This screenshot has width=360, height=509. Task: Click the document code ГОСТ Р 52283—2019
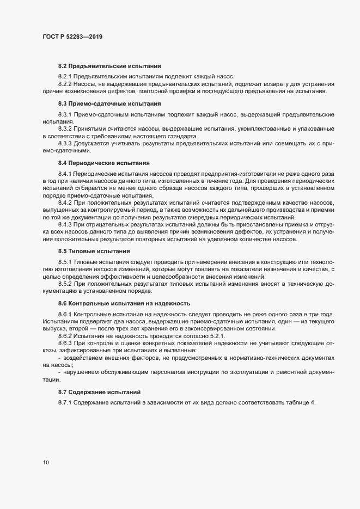(72, 38)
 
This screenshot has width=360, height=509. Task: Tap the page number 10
(46, 463)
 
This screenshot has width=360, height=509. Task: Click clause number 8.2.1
(65, 76)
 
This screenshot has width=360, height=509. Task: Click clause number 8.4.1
(65, 173)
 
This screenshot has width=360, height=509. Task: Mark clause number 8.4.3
(65, 224)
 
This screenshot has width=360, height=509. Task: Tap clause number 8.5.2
(65, 284)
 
